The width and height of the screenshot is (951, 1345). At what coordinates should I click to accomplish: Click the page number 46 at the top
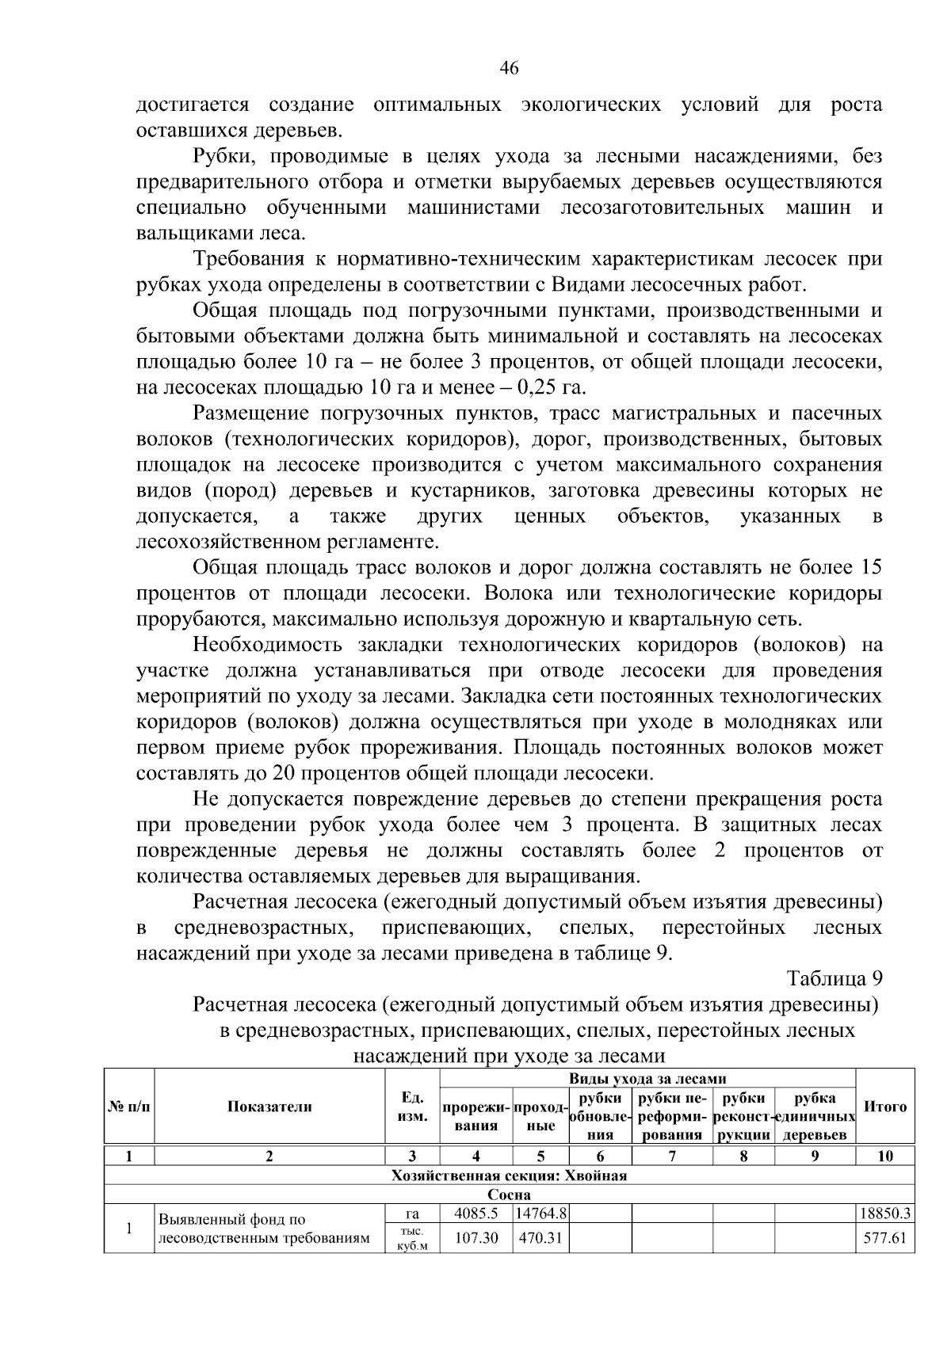coord(509,70)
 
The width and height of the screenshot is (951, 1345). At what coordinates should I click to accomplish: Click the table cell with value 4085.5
coord(475,1214)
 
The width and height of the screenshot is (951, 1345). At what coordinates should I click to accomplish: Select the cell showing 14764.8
coord(540,1214)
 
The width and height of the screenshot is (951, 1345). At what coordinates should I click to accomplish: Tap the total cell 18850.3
coord(885,1214)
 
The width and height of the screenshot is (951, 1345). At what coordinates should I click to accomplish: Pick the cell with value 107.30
coord(475,1237)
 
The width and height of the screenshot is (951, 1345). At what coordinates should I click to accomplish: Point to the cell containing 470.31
coord(540,1237)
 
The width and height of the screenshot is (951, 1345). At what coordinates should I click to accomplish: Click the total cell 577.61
coord(885,1237)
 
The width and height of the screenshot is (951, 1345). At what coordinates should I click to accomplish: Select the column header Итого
coord(885,1107)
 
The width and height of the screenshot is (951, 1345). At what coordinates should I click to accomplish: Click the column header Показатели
coord(269,1107)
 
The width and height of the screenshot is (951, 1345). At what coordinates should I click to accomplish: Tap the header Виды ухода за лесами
coord(647,1078)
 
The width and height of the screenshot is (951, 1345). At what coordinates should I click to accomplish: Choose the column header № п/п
coord(128,1107)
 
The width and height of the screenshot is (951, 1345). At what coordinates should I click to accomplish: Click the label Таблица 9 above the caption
coord(834,978)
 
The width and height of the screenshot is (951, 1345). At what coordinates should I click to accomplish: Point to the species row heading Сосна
coord(509,1194)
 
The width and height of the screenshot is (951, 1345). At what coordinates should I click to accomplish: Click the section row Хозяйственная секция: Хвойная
coord(509,1175)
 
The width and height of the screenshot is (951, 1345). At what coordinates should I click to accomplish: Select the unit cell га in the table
coord(411,1214)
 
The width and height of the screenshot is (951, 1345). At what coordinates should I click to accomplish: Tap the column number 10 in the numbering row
coord(885,1156)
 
